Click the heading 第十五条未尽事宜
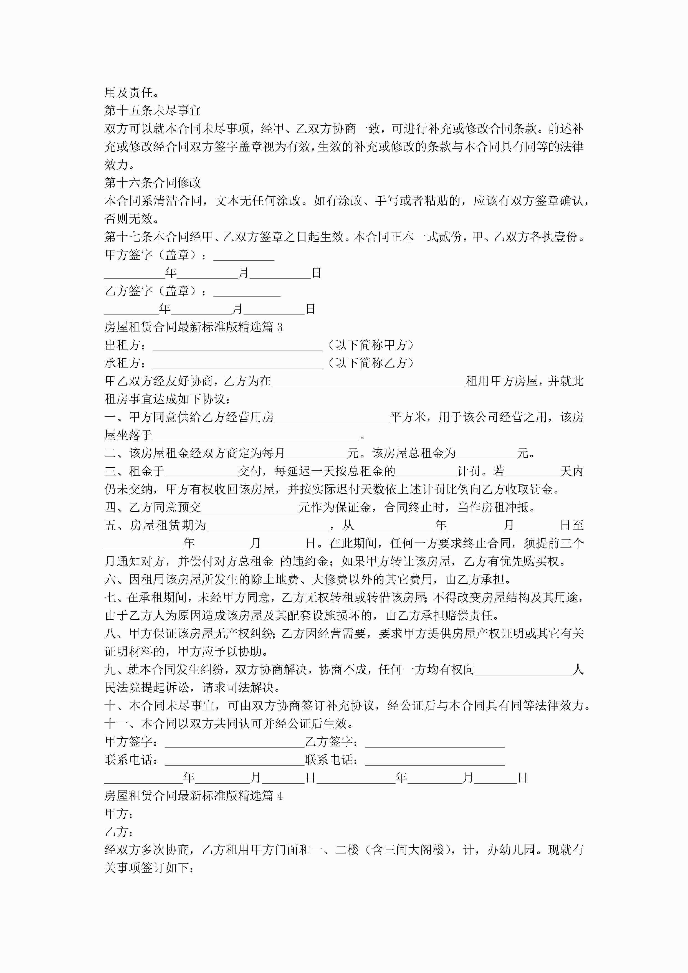[152, 111]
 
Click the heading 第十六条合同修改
[152, 183]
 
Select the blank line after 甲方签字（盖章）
[244, 255]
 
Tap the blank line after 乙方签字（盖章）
[247, 292]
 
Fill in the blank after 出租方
[237, 346]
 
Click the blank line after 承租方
[237, 364]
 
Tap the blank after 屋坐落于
[256, 436]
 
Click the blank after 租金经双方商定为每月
[316, 454]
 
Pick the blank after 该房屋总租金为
[486, 454]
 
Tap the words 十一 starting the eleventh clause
[116, 724]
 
